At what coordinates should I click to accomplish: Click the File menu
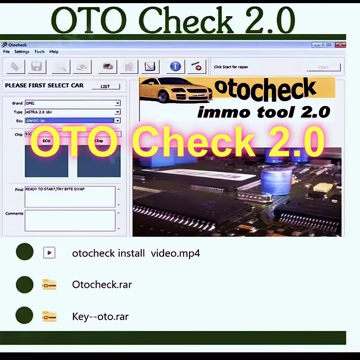click(6, 52)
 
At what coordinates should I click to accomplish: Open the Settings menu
click(22, 52)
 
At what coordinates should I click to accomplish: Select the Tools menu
click(40, 52)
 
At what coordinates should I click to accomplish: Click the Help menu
click(54, 52)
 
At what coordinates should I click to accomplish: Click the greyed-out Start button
click(323, 67)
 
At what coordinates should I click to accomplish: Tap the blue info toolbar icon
click(175, 67)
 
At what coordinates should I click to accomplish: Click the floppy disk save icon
click(36, 67)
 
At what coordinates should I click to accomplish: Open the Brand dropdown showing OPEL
click(72, 103)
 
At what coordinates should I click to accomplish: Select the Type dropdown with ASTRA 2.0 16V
click(72, 112)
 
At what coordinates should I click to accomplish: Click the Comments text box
click(70, 220)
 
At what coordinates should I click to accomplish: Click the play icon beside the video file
click(49, 252)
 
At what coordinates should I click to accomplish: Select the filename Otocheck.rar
click(102, 284)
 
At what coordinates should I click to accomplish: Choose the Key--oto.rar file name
click(100, 316)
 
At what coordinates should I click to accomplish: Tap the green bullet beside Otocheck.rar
click(25, 284)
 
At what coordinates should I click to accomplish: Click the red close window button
click(341, 45)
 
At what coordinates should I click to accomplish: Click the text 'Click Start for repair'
click(231, 67)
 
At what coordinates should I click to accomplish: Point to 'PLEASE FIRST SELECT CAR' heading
click(44, 85)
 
